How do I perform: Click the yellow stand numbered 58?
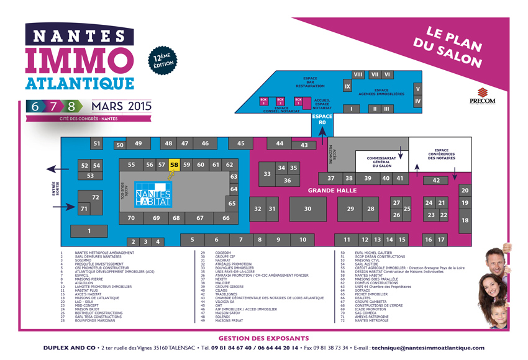174,164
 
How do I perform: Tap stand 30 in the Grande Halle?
307,209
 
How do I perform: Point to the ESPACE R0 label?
322,120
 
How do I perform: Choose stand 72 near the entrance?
95,197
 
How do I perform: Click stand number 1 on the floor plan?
89,231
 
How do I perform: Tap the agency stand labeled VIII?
358,74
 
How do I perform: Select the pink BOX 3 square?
263,101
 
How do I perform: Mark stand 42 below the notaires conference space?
436,180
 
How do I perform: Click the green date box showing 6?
35,106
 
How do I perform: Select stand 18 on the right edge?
465,220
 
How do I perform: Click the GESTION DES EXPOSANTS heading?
264,338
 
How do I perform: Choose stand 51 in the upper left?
96,144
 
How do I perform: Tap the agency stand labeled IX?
348,87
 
